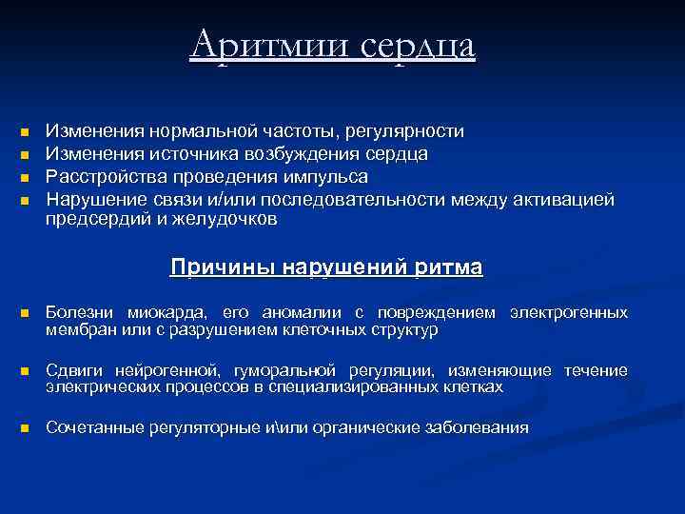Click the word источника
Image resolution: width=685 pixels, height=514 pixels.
click(176, 153)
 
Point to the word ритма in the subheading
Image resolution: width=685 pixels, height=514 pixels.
click(448, 267)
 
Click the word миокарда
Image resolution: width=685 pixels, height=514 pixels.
click(161, 312)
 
